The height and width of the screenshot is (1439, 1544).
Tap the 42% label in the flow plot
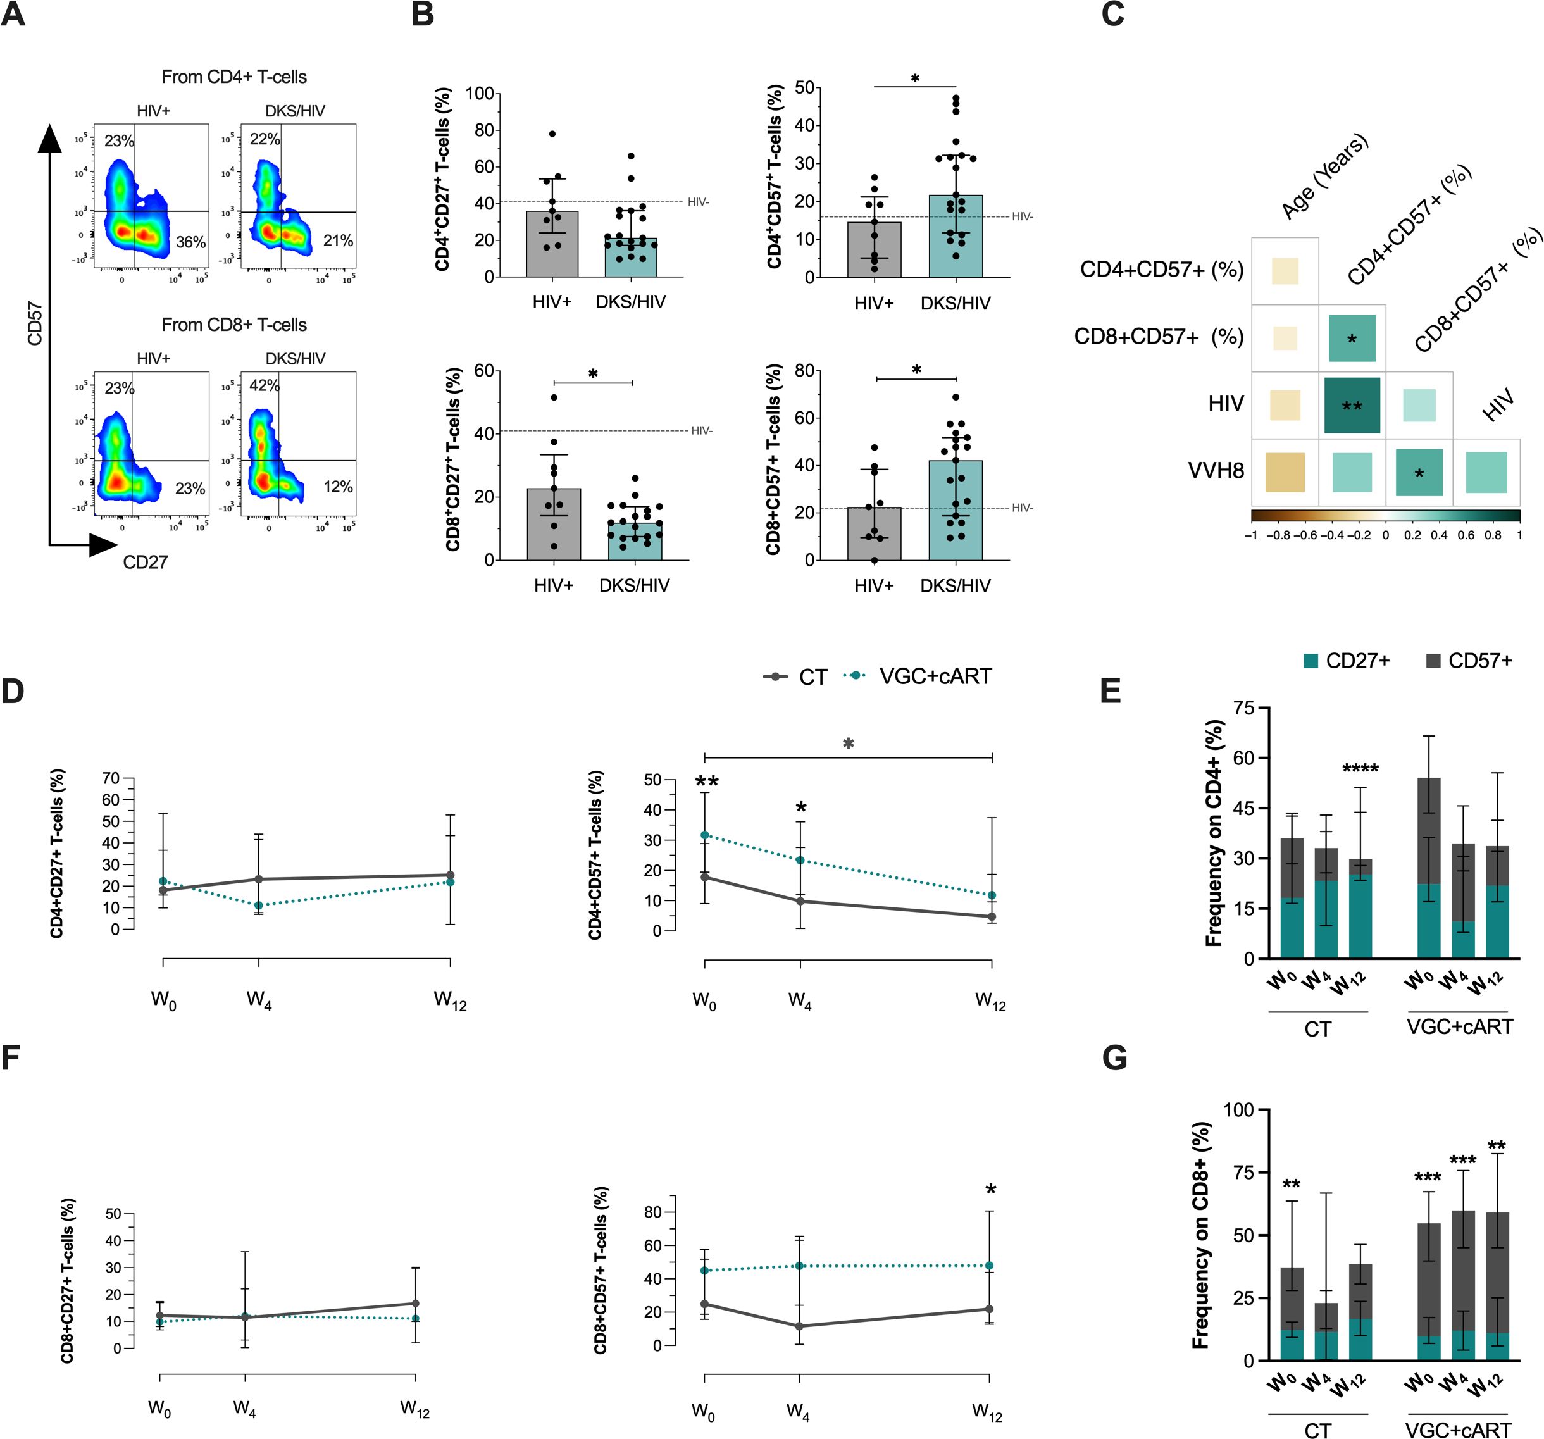[x=264, y=385]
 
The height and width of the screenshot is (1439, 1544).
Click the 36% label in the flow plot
[x=190, y=242]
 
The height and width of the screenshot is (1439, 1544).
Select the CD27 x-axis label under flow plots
[x=146, y=562]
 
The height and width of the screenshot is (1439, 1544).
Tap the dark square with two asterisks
[x=1352, y=406]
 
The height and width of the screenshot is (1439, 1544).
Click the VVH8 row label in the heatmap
[x=1216, y=471]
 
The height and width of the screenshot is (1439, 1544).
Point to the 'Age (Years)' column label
[x=1324, y=177]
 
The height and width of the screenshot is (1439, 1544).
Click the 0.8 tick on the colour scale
[x=1493, y=535]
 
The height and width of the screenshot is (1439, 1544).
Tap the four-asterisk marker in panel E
[x=1360, y=769]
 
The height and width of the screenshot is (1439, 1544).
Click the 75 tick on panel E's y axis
[x=1244, y=707]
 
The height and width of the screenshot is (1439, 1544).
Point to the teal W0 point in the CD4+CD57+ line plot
[x=704, y=835]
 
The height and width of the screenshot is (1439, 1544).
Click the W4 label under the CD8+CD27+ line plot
[x=245, y=1407]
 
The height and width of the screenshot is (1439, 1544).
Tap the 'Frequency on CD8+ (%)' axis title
[x=1201, y=1235]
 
